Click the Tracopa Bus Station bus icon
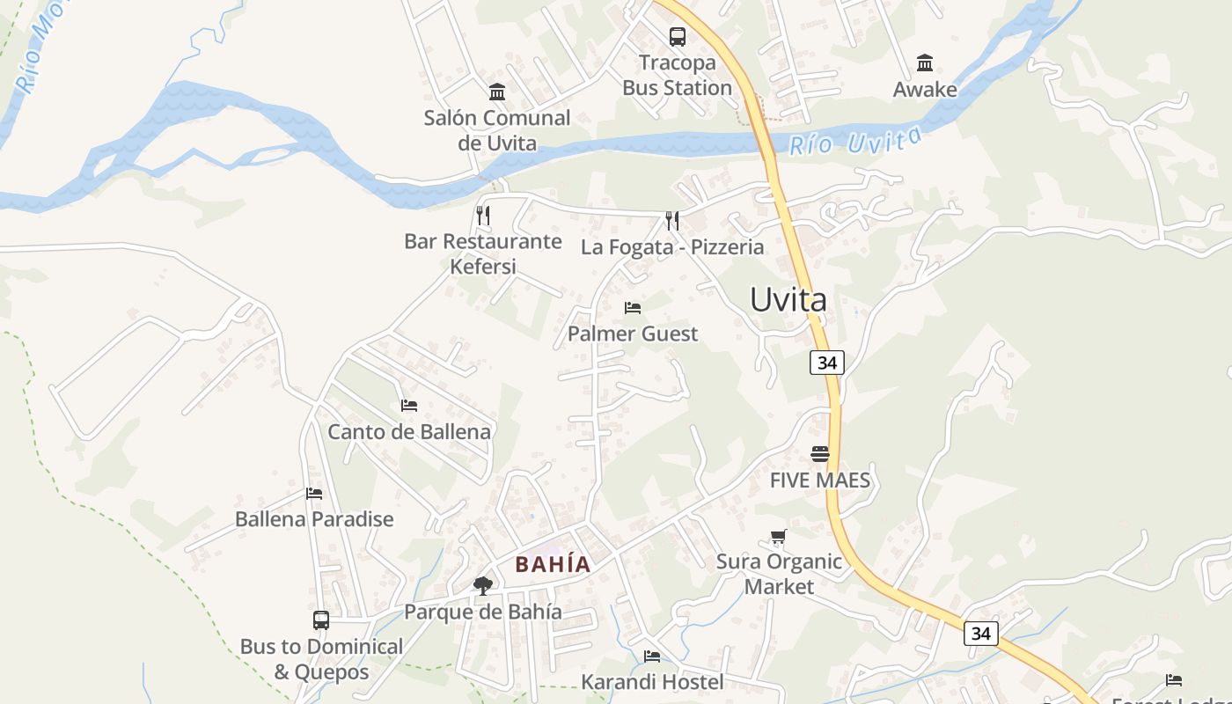677,37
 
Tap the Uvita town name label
788,300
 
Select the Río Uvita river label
855,141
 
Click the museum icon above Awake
925,63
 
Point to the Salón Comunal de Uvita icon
497,92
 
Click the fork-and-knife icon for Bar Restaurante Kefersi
482,215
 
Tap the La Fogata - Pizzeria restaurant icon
672,220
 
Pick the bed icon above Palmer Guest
632,308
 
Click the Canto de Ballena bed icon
409,406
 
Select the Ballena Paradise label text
314,519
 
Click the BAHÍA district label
553,565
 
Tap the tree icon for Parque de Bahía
482,585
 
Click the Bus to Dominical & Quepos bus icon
321,620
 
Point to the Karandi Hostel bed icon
652,656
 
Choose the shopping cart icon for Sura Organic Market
778,536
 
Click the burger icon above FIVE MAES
820,454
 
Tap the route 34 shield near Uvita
827,363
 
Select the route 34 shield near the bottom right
981,634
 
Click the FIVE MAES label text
820,480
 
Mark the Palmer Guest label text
633,334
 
